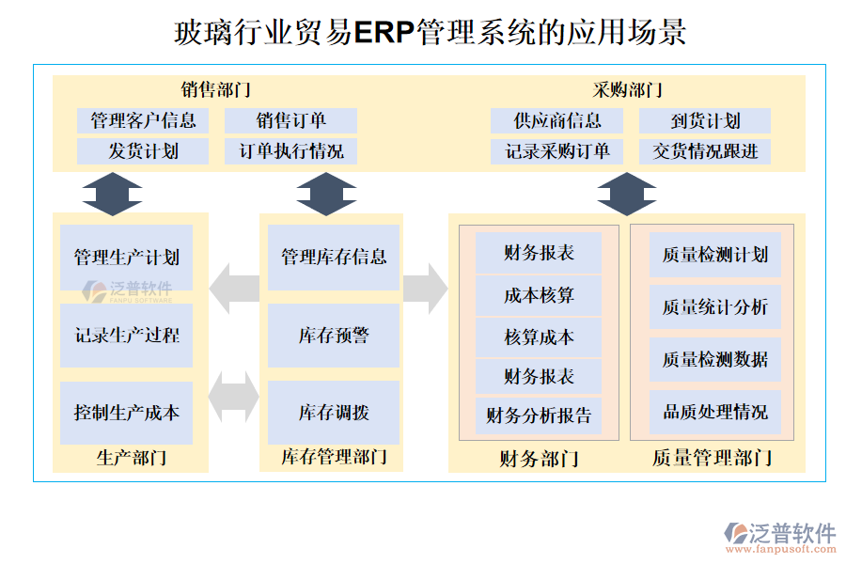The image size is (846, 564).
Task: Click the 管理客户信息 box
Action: pyautogui.click(x=143, y=120)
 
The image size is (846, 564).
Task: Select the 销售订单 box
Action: pyautogui.click(x=290, y=120)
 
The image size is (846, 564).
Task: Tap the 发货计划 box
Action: pyautogui.click(x=143, y=151)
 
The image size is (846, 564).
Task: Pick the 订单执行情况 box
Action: pyautogui.click(x=290, y=151)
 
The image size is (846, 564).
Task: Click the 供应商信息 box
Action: pyautogui.click(x=557, y=120)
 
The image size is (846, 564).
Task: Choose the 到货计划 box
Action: pyautogui.click(x=705, y=120)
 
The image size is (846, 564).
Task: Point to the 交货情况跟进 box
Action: pyautogui.click(x=705, y=151)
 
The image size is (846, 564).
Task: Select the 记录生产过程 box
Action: pyautogui.click(x=126, y=336)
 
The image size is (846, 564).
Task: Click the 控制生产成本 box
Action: pyautogui.click(x=126, y=413)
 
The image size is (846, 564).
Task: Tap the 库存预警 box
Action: pyautogui.click(x=334, y=336)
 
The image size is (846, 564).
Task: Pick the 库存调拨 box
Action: pyautogui.click(x=334, y=413)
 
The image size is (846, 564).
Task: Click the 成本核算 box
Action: pyautogui.click(x=539, y=295)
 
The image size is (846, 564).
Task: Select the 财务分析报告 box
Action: pyautogui.click(x=539, y=415)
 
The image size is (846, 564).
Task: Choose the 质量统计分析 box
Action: pyautogui.click(x=714, y=306)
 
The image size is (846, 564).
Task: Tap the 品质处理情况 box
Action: pyautogui.click(x=714, y=412)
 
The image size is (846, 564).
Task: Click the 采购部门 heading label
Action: pyautogui.click(x=627, y=90)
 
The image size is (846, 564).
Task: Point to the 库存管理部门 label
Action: pyautogui.click(x=334, y=458)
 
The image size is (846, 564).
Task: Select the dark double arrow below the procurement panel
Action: pyautogui.click(x=627, y=194)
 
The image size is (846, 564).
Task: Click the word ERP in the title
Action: pyautogui.click(x=384, y=32)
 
